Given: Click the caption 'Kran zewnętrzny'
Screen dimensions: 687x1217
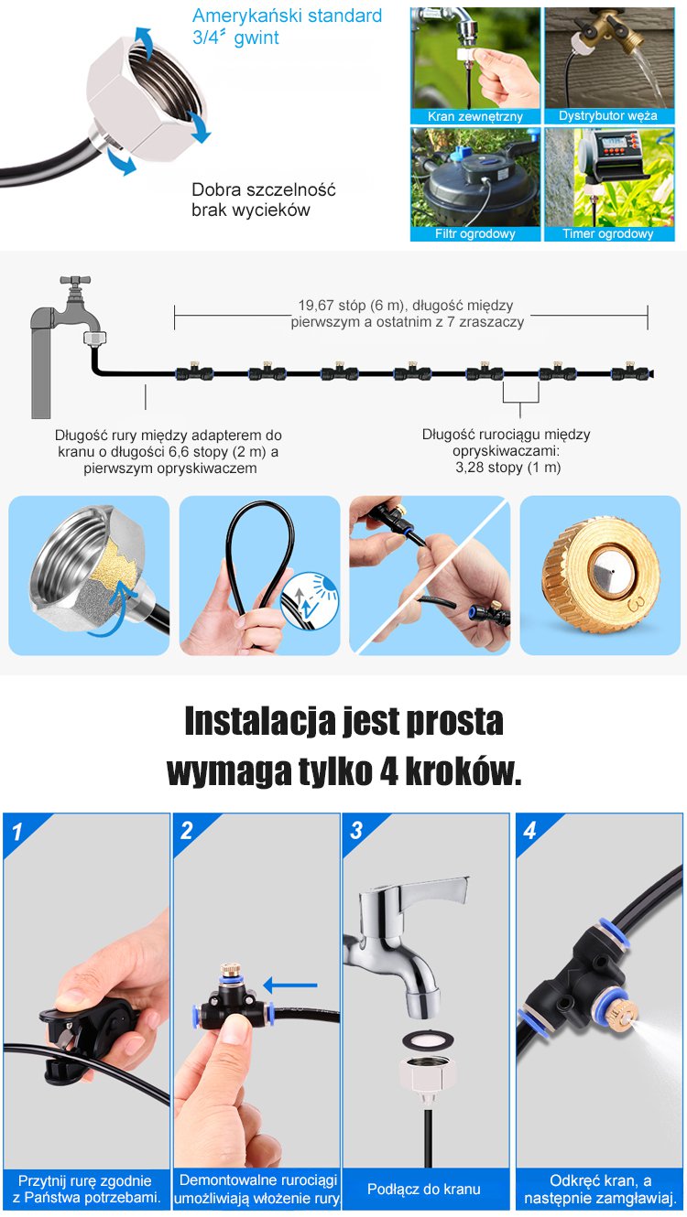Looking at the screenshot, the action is (474, 116).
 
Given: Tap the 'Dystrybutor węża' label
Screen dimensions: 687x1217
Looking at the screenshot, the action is (607, 115).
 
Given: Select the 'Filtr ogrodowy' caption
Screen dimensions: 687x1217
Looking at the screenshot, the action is (474, 233).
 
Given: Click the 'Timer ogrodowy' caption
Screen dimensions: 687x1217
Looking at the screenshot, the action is (607, 233).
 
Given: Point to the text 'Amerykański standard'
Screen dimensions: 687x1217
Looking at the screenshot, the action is (288, 16).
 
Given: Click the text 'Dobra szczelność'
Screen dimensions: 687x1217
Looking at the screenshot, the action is (263, 189).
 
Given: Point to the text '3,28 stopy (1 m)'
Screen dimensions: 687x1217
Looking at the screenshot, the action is (508, 468).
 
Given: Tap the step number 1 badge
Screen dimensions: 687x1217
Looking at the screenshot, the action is (16, 831).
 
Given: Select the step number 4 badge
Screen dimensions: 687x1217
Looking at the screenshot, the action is (529, 831).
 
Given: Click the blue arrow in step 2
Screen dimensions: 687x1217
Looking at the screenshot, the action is (290, 985).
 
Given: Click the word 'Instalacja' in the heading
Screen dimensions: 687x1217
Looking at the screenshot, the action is (259, 721).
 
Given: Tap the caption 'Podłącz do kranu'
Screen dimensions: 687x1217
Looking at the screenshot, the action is (424, 1189).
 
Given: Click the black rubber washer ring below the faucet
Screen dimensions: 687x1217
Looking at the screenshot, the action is (428, 1039).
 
